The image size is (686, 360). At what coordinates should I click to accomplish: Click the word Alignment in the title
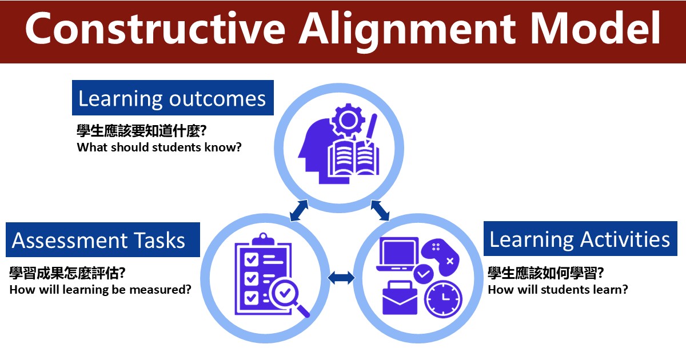408,30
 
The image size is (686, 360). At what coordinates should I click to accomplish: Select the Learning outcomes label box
173,98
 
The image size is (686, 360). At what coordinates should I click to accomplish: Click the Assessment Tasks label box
103,239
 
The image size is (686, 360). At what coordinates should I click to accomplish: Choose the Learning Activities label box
580,238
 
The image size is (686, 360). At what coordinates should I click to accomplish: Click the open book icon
353,159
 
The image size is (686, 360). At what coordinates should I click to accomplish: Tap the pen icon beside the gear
370,130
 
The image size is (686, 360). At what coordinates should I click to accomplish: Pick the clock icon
443,299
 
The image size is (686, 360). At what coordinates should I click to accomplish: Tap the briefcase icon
400,298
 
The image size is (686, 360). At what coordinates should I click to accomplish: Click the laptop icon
398,254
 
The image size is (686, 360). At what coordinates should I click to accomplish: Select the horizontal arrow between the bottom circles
341,278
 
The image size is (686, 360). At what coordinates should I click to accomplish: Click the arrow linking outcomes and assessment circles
299,210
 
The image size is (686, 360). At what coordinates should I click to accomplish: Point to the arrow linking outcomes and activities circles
380,210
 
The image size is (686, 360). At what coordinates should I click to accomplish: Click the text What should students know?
159,147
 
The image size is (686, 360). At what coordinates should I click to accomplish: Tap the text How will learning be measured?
100,290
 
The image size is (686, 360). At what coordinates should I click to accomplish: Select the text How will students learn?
558,290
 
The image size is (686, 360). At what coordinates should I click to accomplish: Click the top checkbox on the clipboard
252,259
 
